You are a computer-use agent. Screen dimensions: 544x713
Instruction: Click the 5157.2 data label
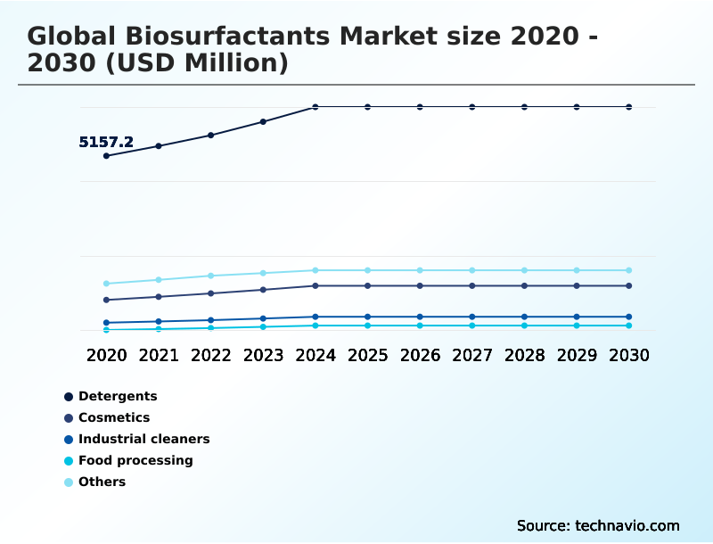click(106, 142)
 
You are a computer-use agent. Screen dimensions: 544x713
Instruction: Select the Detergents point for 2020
click(106, 156)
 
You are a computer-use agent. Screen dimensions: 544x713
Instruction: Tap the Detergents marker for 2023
click(263, 121)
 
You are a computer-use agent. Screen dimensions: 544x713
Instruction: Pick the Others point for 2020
click(106, 284)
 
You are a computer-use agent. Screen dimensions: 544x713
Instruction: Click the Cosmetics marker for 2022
click(210, 293)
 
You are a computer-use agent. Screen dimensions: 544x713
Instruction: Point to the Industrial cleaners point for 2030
click(628, 317)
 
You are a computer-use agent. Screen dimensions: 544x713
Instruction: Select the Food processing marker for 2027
click(471, 326)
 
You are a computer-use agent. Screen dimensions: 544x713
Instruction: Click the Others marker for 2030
click(628, 270)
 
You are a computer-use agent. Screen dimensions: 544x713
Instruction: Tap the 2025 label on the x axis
click(367, 355)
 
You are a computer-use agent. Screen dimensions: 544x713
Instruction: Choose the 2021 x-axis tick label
click(159, 355)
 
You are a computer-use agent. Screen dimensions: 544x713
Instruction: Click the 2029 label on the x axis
click(577, 355)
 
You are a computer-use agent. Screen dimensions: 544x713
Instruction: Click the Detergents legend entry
click(117, 396)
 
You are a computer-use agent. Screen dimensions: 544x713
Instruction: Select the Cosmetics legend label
click(113, 417)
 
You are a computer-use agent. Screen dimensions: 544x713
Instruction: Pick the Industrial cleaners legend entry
click(143, 439)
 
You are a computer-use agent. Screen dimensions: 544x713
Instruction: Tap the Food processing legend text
click(135, 460)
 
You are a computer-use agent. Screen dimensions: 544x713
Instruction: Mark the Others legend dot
click(69, 482)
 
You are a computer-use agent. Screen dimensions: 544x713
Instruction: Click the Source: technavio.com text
click(598, 525)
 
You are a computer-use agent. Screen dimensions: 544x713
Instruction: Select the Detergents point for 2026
click(420, 107)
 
